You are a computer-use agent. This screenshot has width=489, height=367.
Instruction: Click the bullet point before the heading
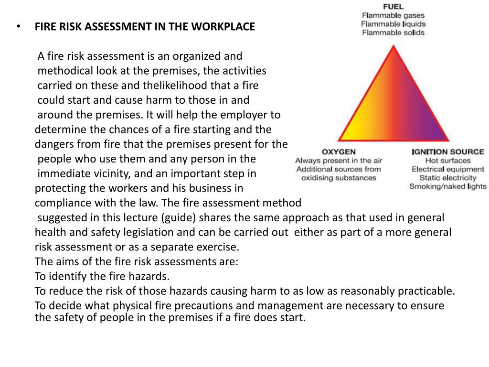tap(18, 27)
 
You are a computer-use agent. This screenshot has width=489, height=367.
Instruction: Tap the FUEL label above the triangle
tap(393, 7)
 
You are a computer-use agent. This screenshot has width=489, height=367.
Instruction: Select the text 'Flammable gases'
tap(393, 15)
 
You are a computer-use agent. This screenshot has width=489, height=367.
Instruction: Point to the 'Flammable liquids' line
tap(393, 24)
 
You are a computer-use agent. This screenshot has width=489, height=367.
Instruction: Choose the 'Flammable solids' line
tap(393, 32)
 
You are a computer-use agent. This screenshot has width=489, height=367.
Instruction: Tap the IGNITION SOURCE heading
tap(447, 152)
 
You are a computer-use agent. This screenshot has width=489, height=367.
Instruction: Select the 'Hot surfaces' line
tap(447, 161)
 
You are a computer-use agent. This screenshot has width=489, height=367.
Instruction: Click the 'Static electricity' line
tap(447, 178)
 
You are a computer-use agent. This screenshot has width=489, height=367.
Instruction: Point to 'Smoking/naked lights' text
tap(447, 186)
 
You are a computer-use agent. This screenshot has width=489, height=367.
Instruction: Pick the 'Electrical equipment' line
tap(447, 169)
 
